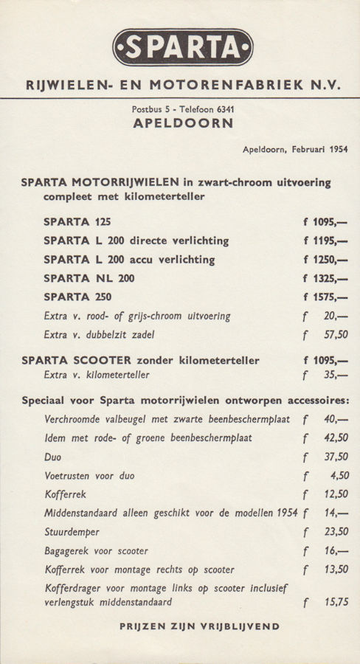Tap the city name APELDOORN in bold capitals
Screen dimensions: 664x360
[183, 124]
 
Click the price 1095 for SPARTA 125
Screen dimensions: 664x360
[325, 221]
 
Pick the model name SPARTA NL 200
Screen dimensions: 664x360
[89, 279]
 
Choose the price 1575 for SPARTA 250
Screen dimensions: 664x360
[325, 298]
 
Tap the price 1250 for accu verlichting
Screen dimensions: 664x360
[325, 260]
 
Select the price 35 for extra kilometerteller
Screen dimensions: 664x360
[336, 375]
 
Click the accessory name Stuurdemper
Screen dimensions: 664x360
[72, 531]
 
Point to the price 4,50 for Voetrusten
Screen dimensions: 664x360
[338, 476]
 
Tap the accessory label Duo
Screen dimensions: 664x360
[53, 457]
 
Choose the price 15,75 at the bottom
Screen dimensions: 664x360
[336, 603]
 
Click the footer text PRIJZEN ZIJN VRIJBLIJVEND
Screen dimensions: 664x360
[199, 626]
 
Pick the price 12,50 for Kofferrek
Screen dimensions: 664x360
[336, 494]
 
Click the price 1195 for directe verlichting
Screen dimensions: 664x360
[325, 241]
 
